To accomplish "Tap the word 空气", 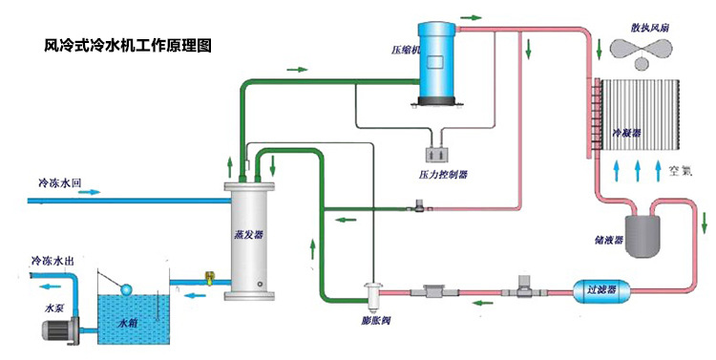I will click(x=680, y=171).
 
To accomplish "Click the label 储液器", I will click(x=607, y=239).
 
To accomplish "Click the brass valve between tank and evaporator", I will click(x=206, y=281).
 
